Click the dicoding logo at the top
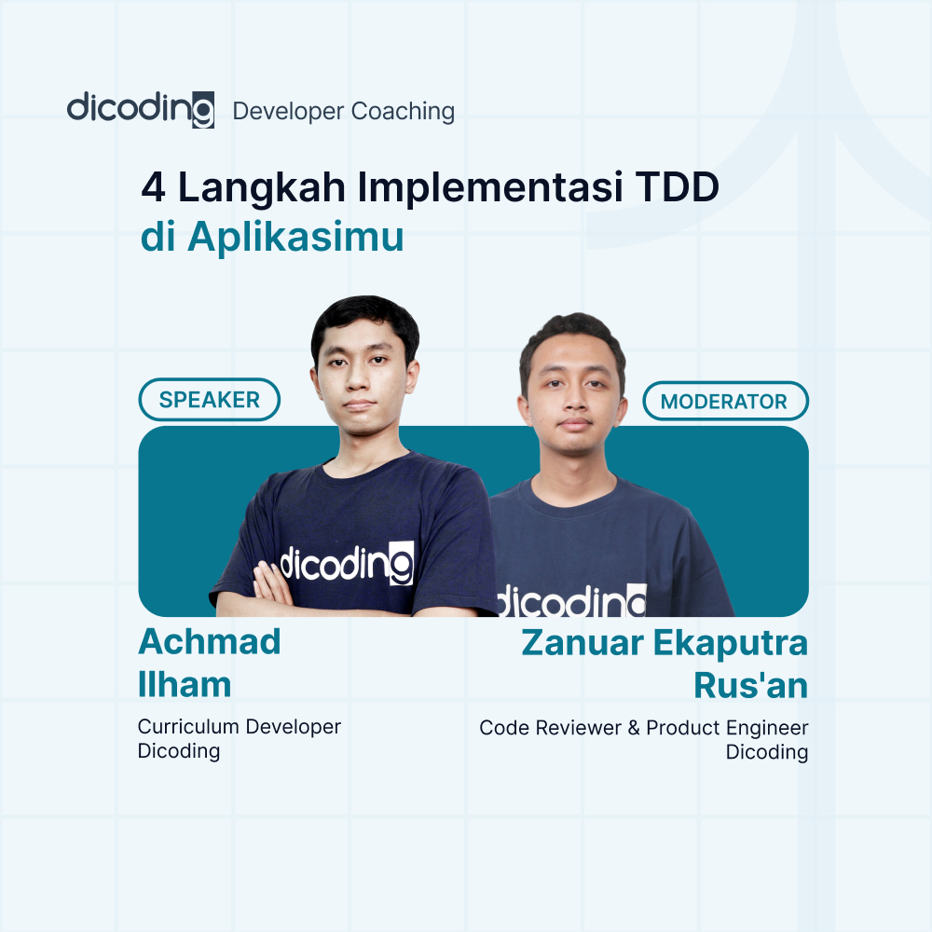pyautogui.click(x=141, y=109)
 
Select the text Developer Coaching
pyautogui.click(x=344, y=112)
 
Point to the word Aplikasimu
pyautogui.click(x=295, y=237)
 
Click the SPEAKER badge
pyautogui.click(x=210, y=400)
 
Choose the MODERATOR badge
pyautogui.click(x=725, y=403)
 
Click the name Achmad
pyautogui.click(x=210, y=641)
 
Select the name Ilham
pyautogui.click(x=185, y=684)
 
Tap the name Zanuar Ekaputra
pyautogui.click(x=664, y=643)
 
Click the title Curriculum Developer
pyautogui.click(x=240, y=726)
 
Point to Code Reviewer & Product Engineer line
pyautogui.click(x=643, y=727)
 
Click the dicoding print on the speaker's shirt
pyautogui.click(x=347, y=563)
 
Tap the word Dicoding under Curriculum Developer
pyautogui.click(x=179, y=751)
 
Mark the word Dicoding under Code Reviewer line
pyautogui.click(x=766, y=752)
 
